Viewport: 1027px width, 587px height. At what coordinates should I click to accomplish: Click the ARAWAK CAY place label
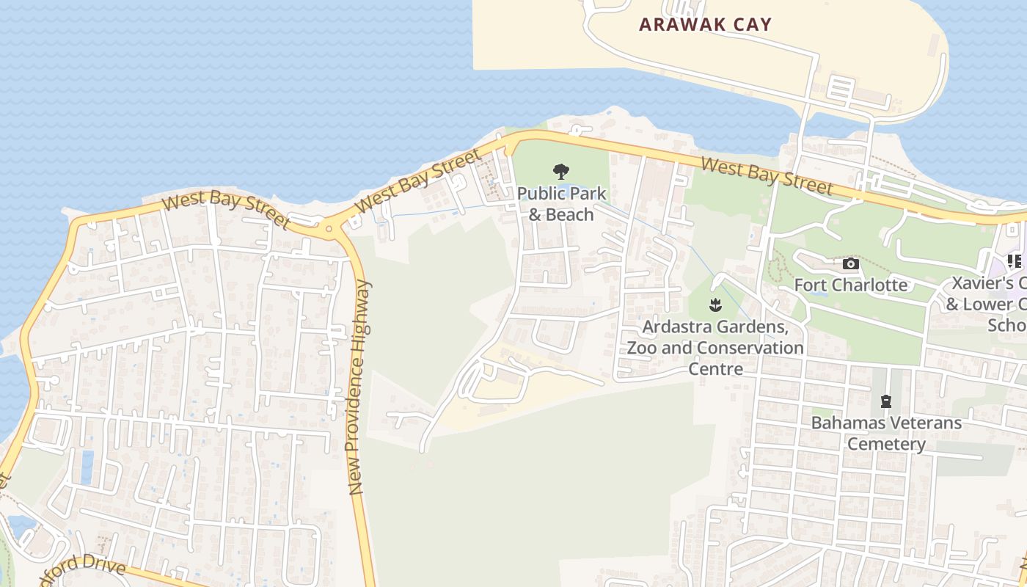pyautogui.click(x=705, y=24)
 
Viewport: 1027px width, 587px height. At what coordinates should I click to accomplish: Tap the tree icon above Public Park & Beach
pyautogui.click(x=561, y=172)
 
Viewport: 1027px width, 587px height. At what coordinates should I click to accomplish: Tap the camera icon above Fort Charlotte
pyautogui.click(x=850, y=264)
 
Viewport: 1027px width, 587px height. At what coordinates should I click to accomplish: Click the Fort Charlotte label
pyautogui.click(x=851, y=285)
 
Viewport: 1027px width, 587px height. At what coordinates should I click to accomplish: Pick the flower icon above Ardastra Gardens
pyautogui.click(x=715, y=305)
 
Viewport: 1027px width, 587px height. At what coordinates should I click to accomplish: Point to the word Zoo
pyautogui.click(x=642, y=347)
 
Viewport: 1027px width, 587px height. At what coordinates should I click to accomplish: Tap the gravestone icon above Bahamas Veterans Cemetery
pyautogui.click(x=886, y=401)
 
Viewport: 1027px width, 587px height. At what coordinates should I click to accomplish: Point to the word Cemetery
pyautogui.click(x=886, y=444)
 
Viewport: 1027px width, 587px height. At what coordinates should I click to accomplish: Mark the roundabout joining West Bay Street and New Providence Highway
pyautogui.click(x=329, y=229)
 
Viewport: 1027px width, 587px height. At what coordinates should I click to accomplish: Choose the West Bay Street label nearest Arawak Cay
pyautogui.click(x=767, y=176)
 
